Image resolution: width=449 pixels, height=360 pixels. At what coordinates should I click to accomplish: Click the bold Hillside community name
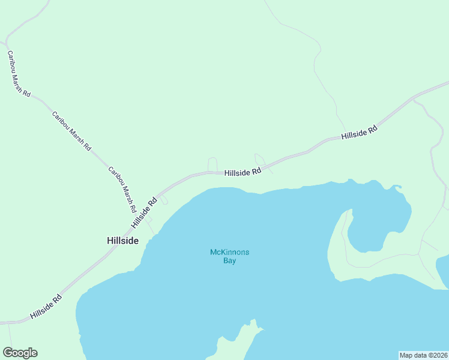pyautogui.click(x=122, y=241)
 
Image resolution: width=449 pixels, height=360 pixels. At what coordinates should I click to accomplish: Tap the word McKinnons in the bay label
pyautogui.click(x=229, y=252)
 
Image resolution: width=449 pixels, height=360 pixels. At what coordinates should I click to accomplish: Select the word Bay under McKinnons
pyautogui.click(x=230, y=261)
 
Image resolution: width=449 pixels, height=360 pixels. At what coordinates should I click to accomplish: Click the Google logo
pyautogui.click(x=20, y=353)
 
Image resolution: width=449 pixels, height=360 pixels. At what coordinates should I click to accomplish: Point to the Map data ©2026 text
pyautogui.click(x=423, y=355)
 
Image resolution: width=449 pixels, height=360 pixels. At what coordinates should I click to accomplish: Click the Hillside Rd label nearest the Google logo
pyautogui.click(x=46, y=306)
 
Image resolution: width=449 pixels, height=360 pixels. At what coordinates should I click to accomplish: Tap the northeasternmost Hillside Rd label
pyautogui.click(x=359, y=133)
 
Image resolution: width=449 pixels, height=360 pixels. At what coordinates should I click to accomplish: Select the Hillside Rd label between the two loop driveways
pyautogui.click(x=243, y=172)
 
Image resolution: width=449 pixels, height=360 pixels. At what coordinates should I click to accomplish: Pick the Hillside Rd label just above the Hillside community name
pyautogui.click(x=144, y=212)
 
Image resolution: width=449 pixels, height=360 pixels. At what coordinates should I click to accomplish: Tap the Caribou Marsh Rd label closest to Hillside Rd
pyautogui.click(x=122, y=190)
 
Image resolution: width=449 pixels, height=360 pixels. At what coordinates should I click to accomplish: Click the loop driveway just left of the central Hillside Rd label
pyautogui.click(x=212, y=164)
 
